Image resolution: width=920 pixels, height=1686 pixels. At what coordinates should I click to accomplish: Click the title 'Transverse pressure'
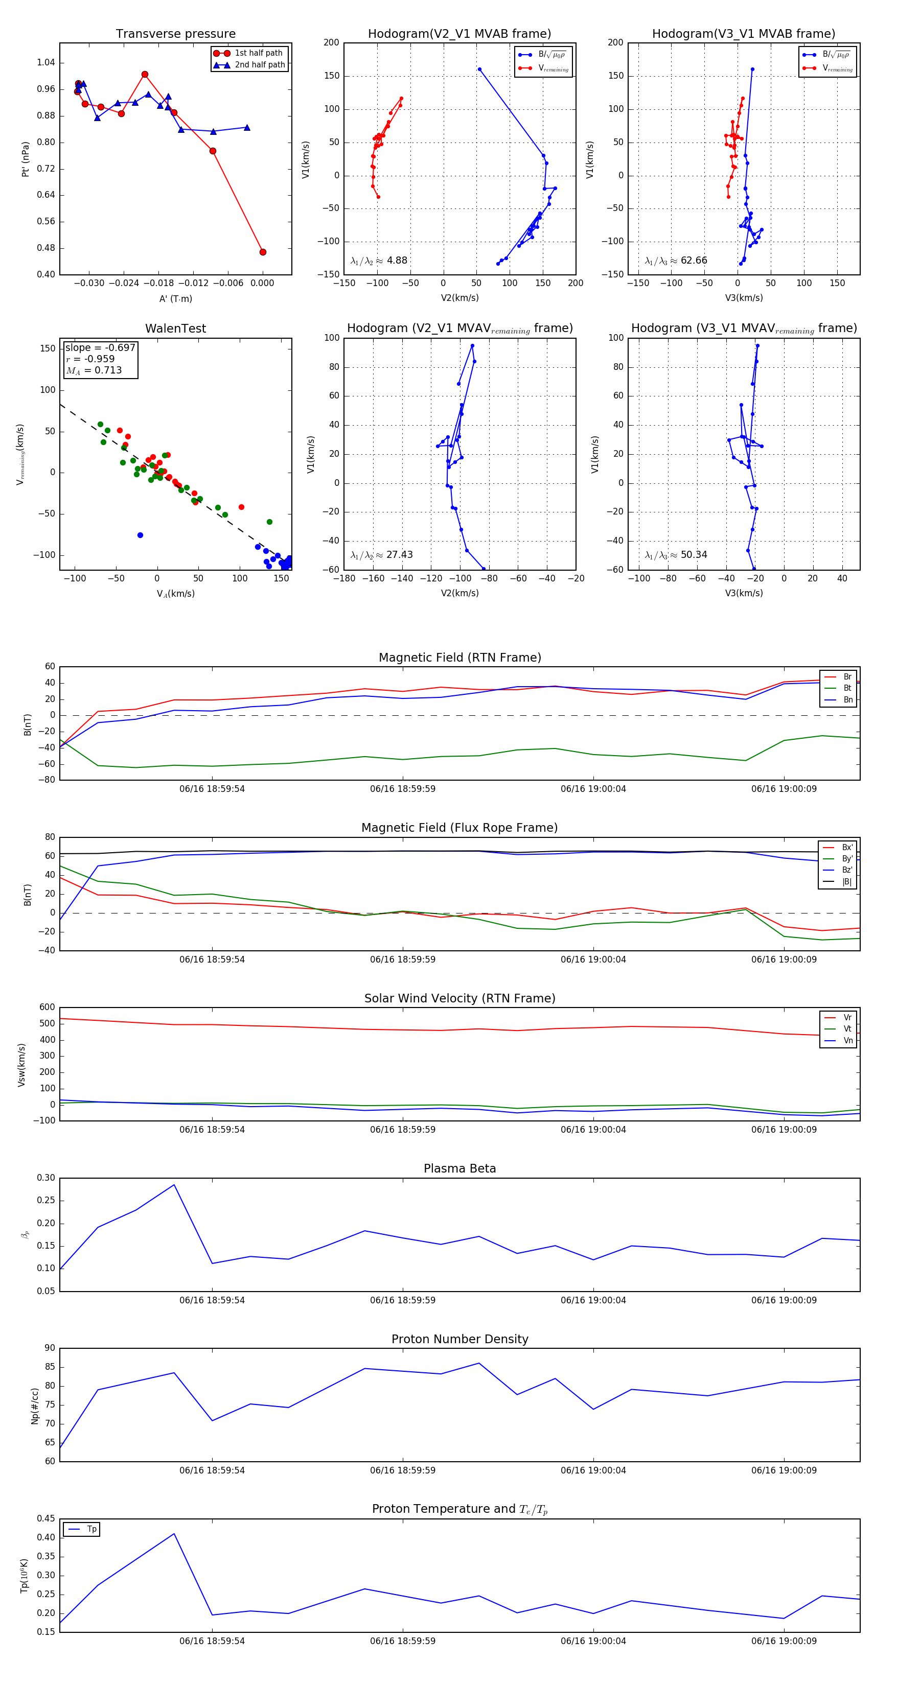[175, 34]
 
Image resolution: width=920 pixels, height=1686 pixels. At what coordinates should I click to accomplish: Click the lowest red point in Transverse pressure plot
[263, 252]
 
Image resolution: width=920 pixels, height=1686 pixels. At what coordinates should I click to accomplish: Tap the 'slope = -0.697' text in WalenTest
[100, 347]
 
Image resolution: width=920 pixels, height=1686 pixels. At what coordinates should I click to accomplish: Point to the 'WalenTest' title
[175, 329]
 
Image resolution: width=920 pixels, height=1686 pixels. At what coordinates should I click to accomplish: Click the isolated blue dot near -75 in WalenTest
[140, 535]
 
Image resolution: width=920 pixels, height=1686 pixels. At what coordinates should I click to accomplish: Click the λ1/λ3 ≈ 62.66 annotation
[676, 261]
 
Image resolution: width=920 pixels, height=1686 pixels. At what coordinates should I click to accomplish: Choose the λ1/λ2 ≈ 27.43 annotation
[381, 555]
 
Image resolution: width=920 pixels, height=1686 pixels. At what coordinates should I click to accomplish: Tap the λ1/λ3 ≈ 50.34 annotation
[676, 555]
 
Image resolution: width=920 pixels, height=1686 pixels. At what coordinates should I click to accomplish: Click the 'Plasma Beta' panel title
[459, 1169]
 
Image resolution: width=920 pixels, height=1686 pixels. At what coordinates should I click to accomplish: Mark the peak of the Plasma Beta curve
[174, 1185]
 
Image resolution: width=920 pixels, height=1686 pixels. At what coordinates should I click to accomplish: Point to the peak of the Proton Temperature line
[174, 1534]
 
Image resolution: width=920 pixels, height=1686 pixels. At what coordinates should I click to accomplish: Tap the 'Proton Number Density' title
[459, 1339]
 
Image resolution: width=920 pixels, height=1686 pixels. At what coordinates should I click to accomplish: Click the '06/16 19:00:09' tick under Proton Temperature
[784, 1641]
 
